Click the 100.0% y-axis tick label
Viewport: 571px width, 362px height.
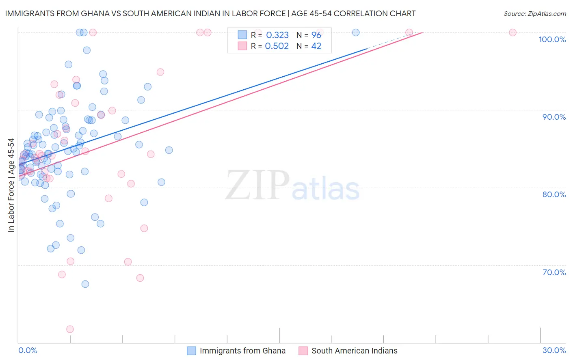552,39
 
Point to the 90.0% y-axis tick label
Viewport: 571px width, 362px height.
554,117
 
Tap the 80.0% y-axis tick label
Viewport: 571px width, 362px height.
554,194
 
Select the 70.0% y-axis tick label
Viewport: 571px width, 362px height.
554,272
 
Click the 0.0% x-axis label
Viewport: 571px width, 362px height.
28,350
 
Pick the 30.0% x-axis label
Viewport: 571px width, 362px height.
554,350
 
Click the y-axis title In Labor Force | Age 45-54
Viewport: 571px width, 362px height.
11,185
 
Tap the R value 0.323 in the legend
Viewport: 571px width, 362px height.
277,35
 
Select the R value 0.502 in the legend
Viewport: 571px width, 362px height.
277,46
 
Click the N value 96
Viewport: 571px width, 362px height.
316,35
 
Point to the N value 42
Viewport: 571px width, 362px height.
316,46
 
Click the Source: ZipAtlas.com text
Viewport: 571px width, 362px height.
534,13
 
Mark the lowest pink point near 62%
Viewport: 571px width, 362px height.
70,329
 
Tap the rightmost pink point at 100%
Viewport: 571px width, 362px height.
513,32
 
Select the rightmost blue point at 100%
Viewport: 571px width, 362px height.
356,32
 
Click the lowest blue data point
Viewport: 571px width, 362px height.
85,284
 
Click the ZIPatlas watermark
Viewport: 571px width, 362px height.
292,186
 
